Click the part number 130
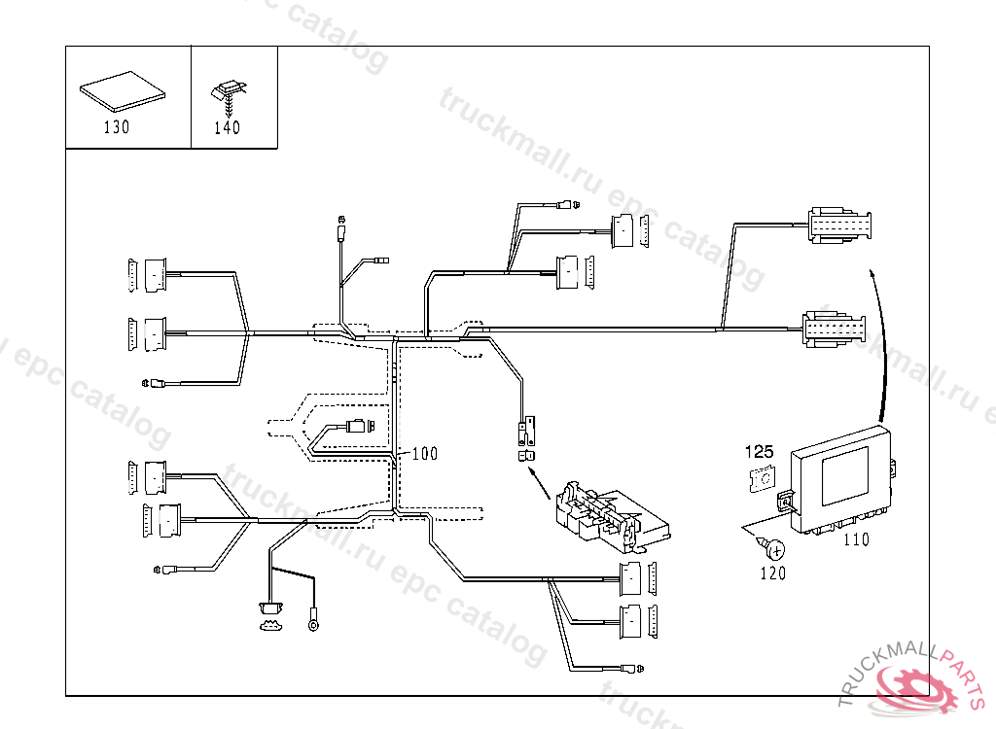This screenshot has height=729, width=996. pyautogui.click(x=116, y=127)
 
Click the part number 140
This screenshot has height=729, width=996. pyautogui.click(x=227, y=127)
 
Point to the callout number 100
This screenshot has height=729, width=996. pyautogui.click(x=425, y=453)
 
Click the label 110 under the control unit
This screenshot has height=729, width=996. pyautogui.click(x=856, y=539)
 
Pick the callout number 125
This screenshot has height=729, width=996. pyautogui.click(x=760, y=451)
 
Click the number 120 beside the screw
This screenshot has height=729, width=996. pyautogui.click(x=772, y=573)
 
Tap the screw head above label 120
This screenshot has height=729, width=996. pyautogui.click(x=777, y=550)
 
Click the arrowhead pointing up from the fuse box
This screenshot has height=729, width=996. pyautogui.click(x=531, y=471)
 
